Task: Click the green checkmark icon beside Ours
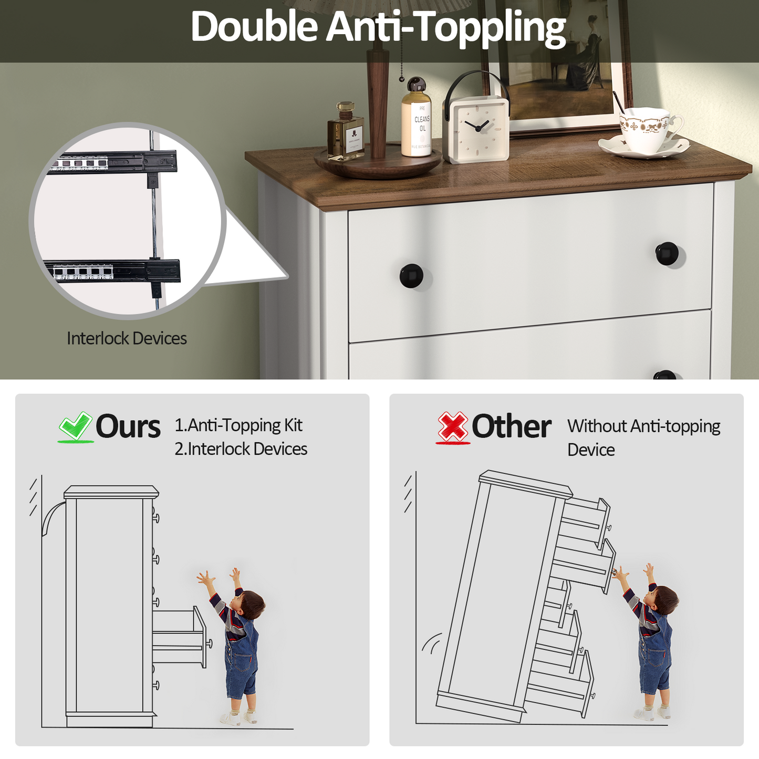(76, 427)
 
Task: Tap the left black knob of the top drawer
(412, 276)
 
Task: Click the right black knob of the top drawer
(667, 254)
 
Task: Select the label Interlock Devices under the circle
(127, 338)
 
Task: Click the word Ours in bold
(128, 427)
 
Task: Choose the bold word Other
(511, 427)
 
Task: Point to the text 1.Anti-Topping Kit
(238, 425)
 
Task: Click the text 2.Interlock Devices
(241, 449)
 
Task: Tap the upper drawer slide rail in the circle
(112, 162)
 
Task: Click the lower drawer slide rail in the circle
(112, 271)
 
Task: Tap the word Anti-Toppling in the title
(446, 27)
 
